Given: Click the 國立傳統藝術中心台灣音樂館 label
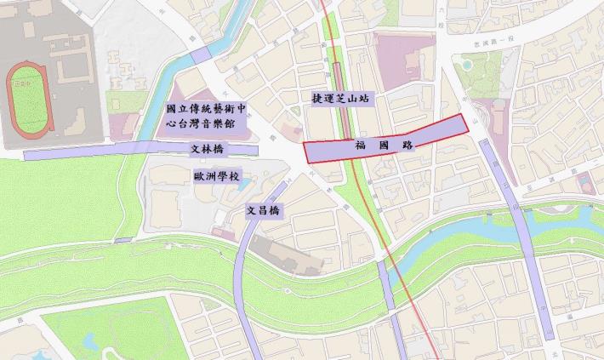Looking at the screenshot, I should point(206,115).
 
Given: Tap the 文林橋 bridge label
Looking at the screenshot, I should point(207,150).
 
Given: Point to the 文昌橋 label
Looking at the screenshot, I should point(263,210).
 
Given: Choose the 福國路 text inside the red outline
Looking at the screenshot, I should point(383,146).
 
